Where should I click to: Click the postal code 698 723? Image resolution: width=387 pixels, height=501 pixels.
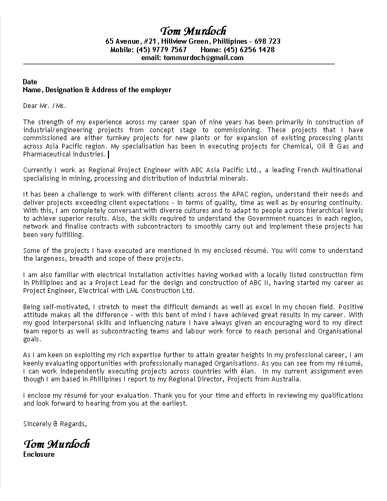267,41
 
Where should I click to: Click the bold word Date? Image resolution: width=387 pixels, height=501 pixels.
30,82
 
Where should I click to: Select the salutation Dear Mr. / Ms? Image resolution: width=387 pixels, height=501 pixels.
45,106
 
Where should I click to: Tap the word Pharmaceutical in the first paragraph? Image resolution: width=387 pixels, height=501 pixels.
45,154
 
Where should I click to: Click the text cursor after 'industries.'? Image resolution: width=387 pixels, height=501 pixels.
108,154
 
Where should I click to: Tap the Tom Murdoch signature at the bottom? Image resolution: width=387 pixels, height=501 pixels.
56,444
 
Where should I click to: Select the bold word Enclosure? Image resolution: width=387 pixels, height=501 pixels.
38,454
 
